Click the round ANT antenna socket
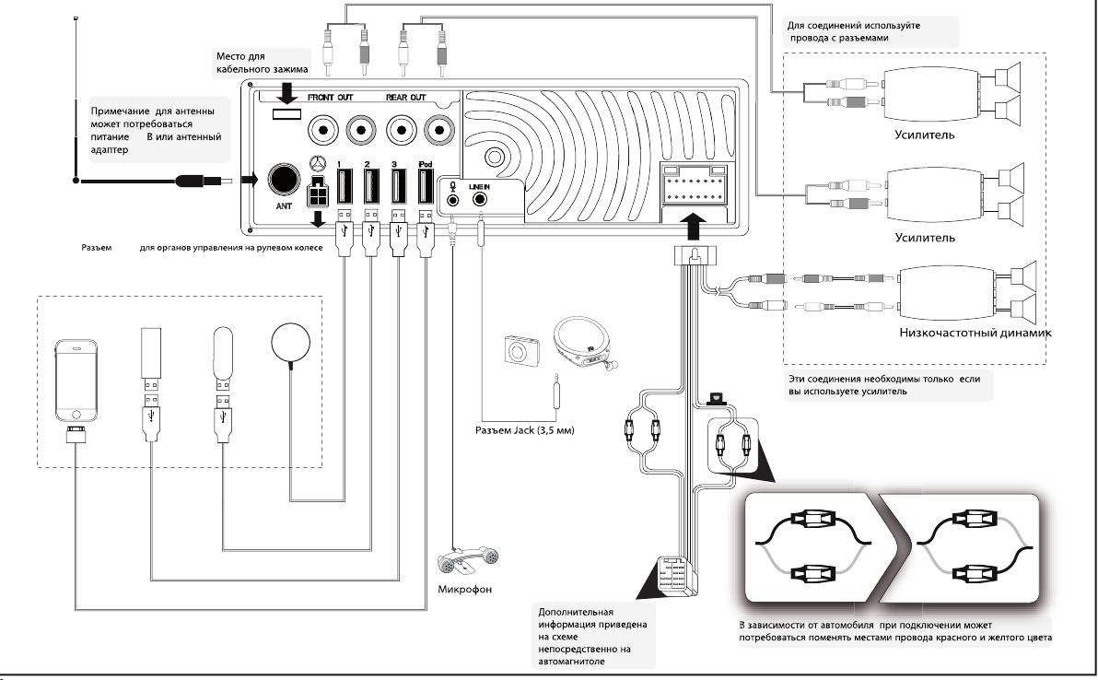pos(286,181)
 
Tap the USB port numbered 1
pos(343,187)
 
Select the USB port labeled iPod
pos(425,187)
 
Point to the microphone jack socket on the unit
pos(453,200)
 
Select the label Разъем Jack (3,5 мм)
pos(522,429)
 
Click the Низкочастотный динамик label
pos(975,333)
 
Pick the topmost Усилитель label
pos(923,135)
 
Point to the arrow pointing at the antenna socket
pos(250,181)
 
